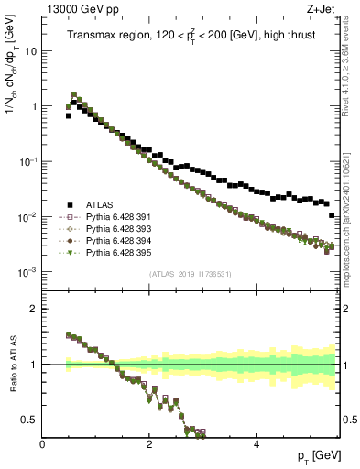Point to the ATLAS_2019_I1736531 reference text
tap(191, 275)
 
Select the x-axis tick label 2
tap(148, 444)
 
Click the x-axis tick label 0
tap(42, 444)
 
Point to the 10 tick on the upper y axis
tap(31, 51)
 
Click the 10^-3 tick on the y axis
tap(27, 272)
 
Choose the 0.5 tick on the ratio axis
tap(30, 420)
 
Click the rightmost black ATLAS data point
tap(332, 215)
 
